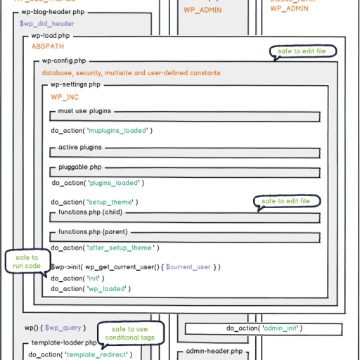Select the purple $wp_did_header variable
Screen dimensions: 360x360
click(x=46, y=23)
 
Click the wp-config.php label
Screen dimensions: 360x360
click(x=64, y=61)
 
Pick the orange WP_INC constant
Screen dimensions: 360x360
click(x=65, y=96)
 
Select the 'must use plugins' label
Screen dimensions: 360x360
click(x=84, y=111)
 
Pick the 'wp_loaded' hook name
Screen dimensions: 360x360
click(x=109, y=288)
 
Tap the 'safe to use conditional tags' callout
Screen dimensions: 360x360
click(x=131, y=333)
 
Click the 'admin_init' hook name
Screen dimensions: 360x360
click(x=281, y=328)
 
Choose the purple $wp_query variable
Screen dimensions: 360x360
click(x=68, y=328)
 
